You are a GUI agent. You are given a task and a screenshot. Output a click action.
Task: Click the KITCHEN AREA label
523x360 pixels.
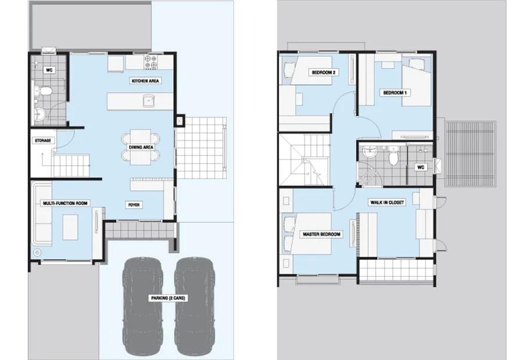point(145,81)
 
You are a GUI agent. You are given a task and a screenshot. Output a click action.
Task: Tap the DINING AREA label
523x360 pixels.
point(141,147)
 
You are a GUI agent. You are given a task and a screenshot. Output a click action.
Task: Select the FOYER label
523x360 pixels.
point(134,205)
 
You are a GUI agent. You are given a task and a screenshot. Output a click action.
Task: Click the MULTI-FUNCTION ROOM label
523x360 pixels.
point(65,203)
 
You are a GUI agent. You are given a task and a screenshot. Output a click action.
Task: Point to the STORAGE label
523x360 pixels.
point(43,141)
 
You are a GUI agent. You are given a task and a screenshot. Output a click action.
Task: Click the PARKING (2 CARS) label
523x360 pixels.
point(168,298)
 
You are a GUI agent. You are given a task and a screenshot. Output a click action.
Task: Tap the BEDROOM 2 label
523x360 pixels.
point(324,73)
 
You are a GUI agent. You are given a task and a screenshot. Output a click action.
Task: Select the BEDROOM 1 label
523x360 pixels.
point(395,92)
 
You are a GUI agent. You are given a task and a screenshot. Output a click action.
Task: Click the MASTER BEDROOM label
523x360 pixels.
point(321,234)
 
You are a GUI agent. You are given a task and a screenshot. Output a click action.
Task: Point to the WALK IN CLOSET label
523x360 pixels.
point(387,202)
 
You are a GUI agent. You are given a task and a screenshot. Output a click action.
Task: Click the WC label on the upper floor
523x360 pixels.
point(421,167)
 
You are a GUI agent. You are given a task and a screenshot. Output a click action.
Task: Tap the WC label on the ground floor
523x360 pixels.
point(49,70)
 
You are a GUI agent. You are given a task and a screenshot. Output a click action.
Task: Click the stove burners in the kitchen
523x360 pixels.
point(151,62)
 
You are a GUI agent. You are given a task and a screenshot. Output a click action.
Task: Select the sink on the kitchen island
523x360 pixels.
point(149,101)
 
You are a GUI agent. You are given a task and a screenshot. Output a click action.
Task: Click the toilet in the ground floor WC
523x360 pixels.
point(44,91)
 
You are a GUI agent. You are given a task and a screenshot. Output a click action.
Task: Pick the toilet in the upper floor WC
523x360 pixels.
point(393,156)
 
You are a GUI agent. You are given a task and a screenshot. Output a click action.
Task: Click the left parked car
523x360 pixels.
point(144,306)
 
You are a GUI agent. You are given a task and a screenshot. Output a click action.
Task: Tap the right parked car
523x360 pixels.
point(195,306)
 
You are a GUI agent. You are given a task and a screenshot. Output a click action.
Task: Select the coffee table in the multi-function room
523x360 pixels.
point(70,227)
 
